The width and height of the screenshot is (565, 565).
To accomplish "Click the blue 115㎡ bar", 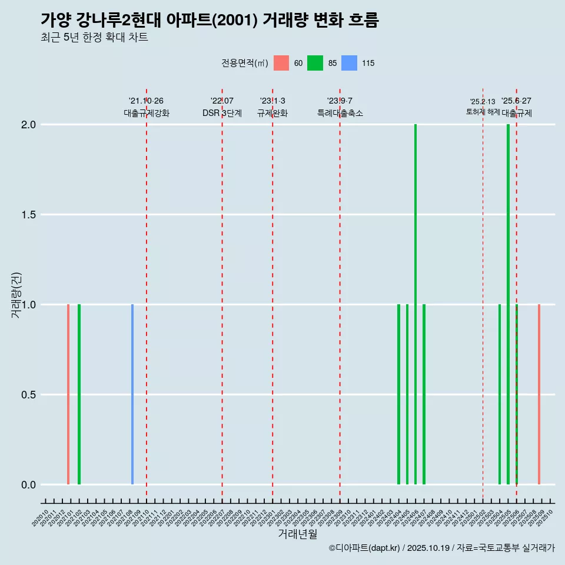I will (132, 394).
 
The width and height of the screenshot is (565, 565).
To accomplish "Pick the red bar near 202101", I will (68, 394).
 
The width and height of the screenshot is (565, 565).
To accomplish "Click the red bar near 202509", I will (539, 394).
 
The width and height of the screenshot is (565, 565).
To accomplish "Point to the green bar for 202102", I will (79, 394).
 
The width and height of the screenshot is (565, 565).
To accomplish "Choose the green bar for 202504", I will (500, 394).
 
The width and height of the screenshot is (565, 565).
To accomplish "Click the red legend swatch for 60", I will (281, 63).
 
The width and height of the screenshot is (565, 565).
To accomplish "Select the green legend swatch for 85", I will (315, 63).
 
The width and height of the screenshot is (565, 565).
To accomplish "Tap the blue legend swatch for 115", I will (350, 63).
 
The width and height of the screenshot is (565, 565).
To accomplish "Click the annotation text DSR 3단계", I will (222, 113).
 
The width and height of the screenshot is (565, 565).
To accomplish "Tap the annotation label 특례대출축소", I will (340, 113).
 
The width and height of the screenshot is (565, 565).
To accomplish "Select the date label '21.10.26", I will (146, 101).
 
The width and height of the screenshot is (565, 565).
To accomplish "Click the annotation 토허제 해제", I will (483, 112).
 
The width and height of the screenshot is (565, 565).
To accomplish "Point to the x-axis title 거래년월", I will (297, 534).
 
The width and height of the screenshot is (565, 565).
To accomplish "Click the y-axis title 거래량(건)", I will (16, 294).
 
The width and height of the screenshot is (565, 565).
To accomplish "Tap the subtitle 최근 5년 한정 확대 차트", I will (94, 38).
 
